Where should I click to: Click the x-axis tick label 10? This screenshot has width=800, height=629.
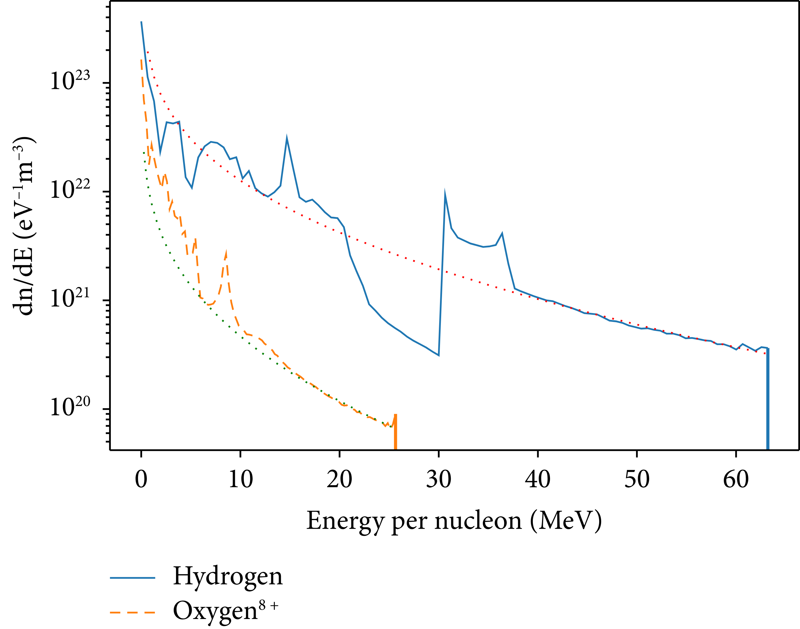(x=240, y=480)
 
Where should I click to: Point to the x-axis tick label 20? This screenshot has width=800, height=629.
(x=339, y=480)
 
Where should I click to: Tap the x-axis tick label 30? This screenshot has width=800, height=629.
(x=439, y=480)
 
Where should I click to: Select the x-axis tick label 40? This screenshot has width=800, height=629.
(x=538, y=480)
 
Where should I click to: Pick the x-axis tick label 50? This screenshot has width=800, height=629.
(x=637, y=480)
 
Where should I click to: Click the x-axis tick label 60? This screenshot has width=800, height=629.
(x=736, y=480)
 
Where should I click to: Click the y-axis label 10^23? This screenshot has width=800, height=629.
(x=70, y=81)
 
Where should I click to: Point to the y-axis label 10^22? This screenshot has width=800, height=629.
(x=70, y=190)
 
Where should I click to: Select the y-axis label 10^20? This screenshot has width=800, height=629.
(x=70, y=407)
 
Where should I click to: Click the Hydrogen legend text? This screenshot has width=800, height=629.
(x=228, y=577)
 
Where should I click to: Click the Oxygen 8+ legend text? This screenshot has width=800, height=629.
(x=225, y=611)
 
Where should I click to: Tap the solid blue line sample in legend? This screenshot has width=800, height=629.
(x=133, y=578)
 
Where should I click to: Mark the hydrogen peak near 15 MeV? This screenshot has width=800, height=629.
(x=287, y=139)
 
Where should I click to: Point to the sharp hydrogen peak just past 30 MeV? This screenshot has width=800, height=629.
(x=445, y=194)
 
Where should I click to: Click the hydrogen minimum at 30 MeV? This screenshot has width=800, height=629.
(x=439, y=355)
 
